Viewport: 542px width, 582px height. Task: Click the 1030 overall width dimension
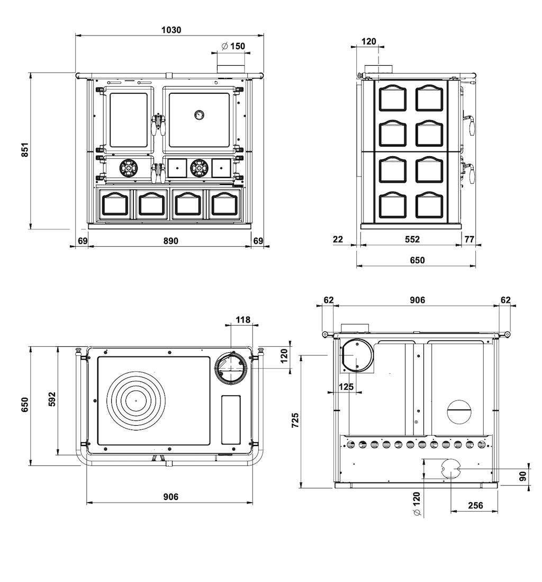[171, 30]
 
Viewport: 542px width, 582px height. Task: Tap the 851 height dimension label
[24, 149]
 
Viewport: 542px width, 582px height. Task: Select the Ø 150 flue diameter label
[233, 46]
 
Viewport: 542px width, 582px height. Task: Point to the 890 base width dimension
[170, 240]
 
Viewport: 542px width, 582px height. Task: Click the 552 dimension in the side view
[412, 239]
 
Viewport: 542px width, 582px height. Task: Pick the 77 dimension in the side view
[469, 239]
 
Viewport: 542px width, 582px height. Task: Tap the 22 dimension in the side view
[338, 239]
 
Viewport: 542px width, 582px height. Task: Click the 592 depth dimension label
[52, 399]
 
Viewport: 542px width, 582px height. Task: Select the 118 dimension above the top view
[243, 319]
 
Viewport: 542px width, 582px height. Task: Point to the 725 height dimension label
[295, 420]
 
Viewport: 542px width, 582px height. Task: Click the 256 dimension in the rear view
[475, 505]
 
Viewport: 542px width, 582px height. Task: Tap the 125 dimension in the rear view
[346, 387]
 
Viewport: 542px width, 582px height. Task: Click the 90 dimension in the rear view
[523, 476]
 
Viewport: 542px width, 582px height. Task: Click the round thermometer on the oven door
[199, 114]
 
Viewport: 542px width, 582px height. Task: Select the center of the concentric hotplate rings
[136, 400]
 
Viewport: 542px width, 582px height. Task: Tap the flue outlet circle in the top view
[231, 368]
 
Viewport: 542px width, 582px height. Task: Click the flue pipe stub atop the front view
[231, 69]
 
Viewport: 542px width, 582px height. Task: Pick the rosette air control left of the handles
[129, 168]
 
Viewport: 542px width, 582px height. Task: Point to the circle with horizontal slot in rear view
[459, 412]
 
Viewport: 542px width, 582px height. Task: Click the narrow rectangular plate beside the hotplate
[231, 419]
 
